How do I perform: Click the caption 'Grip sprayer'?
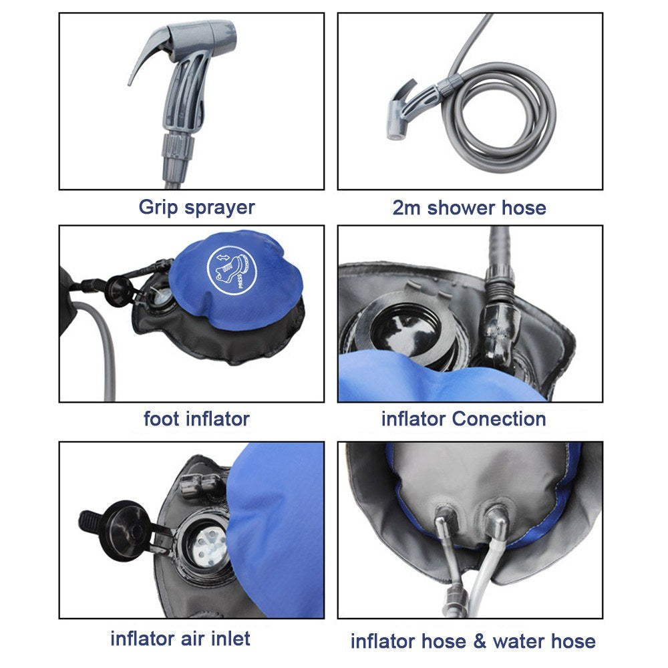pyautogui.click(x=196, y=206)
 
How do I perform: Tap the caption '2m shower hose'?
pyautogui.click(x=469, y=207)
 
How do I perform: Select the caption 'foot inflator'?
pyautogui.click(x=196, y=419)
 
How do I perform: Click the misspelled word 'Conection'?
pyautogui.click(x=499, y=419)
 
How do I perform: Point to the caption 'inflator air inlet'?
pyautogui.click(x=180, y=638)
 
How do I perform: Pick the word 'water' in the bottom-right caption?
pyautogui.click(x=518, y=642)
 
